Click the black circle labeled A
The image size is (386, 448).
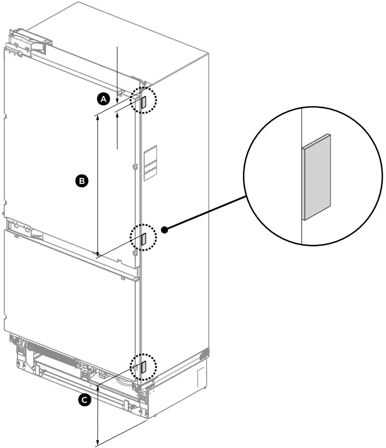click(104, 98)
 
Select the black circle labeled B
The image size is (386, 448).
click(81, 181)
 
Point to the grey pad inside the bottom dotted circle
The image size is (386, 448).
click(143, 367)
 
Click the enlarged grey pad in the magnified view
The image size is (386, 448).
click(316, 176)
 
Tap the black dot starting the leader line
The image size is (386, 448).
click(165, 230)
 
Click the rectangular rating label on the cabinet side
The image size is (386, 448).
click(150, 161)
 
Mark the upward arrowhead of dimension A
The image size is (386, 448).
click(118, 113)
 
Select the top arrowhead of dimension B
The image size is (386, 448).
click(98, 118)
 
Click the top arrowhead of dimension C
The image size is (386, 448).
click(98, 389)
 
